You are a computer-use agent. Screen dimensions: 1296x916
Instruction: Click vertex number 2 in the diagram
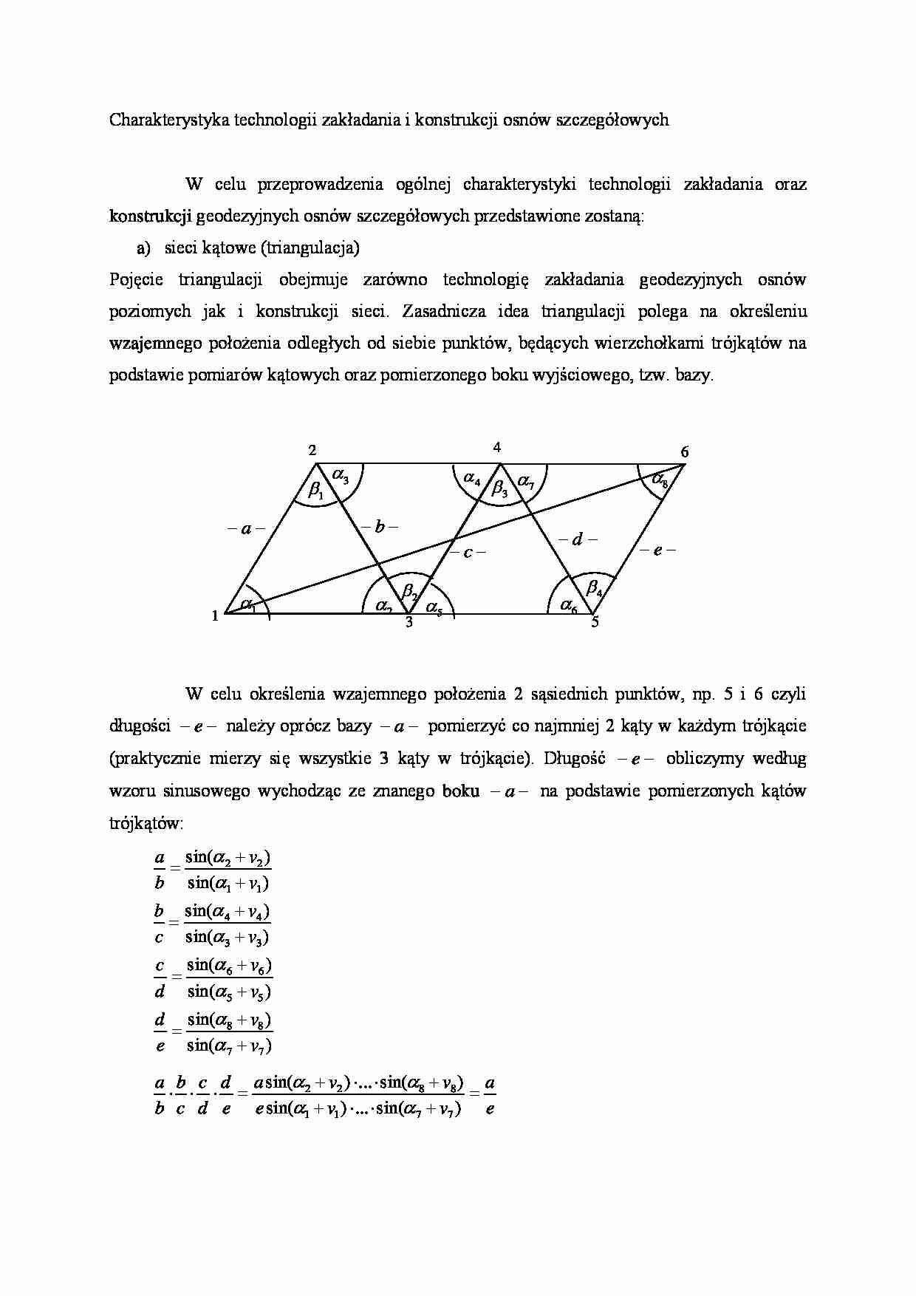(x=312, y=451)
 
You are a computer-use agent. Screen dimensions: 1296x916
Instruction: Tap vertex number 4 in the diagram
(x=497, y=447)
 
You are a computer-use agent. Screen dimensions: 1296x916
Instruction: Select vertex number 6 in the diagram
(x=684, y=451)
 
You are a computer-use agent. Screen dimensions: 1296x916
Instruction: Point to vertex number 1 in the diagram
(x=215, y=615)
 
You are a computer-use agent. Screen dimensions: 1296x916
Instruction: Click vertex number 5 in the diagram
(x=595, y=623)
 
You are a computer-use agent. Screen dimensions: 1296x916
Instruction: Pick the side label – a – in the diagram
(x=246, y=529)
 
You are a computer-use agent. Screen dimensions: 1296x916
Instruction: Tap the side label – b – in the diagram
(x=380, y=527)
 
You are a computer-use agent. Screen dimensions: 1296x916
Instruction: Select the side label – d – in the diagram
(x=578, y=539)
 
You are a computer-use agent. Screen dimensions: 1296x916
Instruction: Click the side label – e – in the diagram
(x=657, y=550)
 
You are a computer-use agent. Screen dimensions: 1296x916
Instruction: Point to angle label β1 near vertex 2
(x=315, y=490)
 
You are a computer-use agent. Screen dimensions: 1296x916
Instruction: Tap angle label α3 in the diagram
(x=341, y=477)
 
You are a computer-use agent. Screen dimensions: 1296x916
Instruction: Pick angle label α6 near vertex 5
(x=569, y=606)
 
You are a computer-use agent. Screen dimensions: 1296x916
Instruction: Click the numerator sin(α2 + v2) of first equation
(x=228, y=858)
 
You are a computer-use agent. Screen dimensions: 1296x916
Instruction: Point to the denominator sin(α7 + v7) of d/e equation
(x=229, y=1046)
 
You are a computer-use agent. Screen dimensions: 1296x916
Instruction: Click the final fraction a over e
(x=490, y=1097)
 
